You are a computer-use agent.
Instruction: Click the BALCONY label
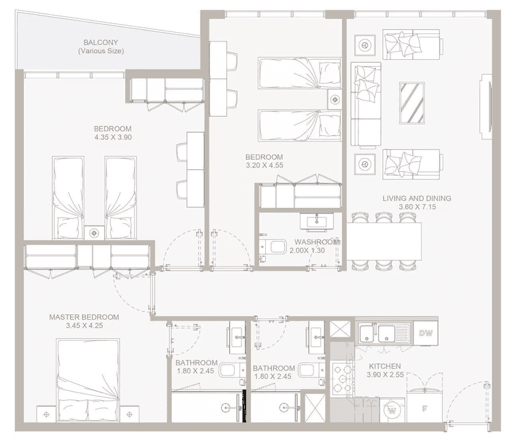(x=101, y=42)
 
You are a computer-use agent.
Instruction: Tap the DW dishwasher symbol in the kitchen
(x=426, y=333)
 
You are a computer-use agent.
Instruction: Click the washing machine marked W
(x=392, y=410)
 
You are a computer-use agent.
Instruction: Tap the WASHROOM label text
(x=317, y=242)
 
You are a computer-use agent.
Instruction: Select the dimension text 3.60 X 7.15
(x=426, y=207)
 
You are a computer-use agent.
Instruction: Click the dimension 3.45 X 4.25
(x=84, y=326)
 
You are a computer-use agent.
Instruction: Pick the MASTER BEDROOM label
(x=84, y=317)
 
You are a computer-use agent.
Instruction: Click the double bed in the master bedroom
(x=88, y=379)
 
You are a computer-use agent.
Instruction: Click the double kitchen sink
(x=379, y=333)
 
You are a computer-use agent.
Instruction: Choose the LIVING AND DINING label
(x=426, y=199)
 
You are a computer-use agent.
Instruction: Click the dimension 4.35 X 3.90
(x=114, y=137)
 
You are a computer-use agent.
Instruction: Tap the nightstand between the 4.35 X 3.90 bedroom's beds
(x=95, y=232)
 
